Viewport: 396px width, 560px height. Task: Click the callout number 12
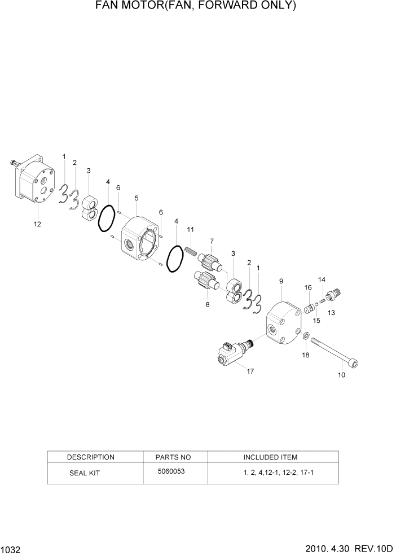click(x=37, y=224)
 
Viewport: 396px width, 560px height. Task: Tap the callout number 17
click(x=250, y=371)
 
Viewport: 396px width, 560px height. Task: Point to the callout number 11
click(x=191, y=229)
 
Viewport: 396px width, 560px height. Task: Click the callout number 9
click(x=281, y=281)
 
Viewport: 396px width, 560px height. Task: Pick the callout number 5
click(x=137, y=198)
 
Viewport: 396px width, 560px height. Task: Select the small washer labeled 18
click(x=306, y=337)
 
